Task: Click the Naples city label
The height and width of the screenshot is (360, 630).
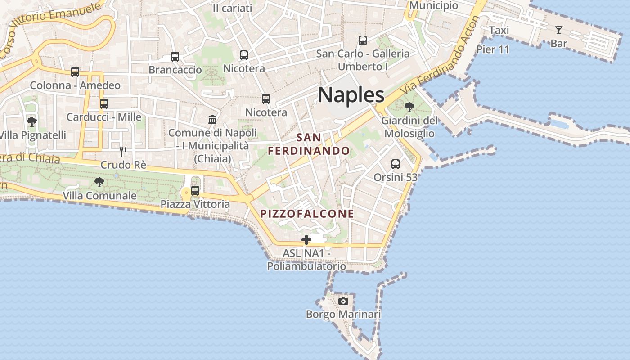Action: click(351, 95)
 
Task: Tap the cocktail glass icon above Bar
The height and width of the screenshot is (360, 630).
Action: click(559, 30)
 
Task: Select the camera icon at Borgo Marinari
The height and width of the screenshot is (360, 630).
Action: click(343, 301)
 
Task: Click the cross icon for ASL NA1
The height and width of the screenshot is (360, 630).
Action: click(306, 240)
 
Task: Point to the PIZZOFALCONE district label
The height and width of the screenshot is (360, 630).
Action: click(307, 214)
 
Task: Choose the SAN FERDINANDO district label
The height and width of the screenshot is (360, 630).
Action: click(309, 144)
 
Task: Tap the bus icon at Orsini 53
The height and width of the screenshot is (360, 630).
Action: click(396, 164)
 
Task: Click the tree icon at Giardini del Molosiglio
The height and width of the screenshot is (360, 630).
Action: click(409, 107)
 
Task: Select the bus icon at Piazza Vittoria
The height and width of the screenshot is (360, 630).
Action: click(195, 190)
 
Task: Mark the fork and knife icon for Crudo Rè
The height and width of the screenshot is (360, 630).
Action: click(123, 151)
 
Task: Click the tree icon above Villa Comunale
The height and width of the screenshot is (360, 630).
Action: click(99, 182)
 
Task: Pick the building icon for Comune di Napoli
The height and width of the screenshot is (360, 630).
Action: click(212, 119)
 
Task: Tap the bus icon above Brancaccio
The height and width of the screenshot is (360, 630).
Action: click(175, 57)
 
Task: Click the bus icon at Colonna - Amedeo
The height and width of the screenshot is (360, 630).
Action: click(75, 72)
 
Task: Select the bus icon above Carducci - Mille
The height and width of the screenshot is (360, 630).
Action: click(104, 103)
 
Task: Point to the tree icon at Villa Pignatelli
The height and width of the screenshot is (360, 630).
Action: click(31, 121)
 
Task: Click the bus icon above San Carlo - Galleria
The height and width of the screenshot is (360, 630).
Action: click(363, 40)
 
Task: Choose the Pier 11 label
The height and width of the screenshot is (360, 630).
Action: click(493, 49)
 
